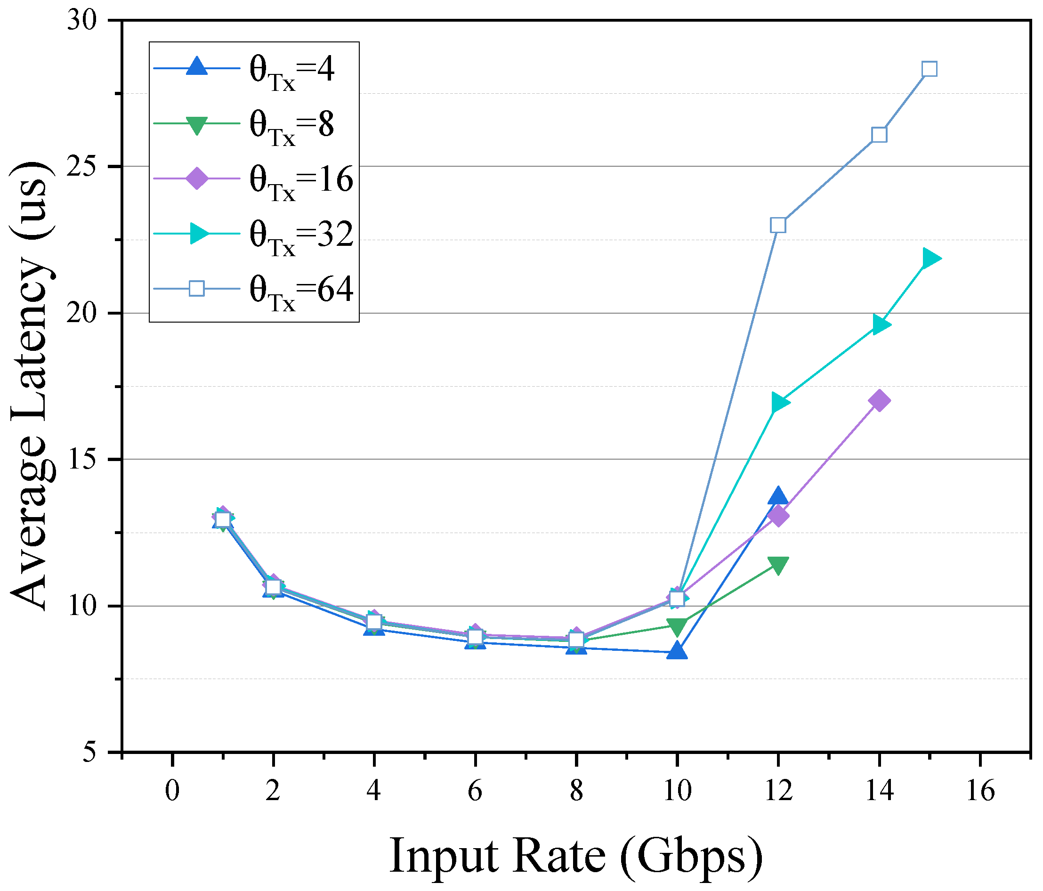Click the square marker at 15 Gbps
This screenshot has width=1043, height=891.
[929, 69]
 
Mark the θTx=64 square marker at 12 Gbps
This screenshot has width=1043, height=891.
[778, 225]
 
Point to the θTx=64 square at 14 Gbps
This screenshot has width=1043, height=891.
[879, 135]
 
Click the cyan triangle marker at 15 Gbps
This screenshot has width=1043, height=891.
[931, 259]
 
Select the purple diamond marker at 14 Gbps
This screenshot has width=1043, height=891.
[879, 401]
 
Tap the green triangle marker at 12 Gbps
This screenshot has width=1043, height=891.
[778, 565]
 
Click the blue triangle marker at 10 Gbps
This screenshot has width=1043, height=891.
[677, 651]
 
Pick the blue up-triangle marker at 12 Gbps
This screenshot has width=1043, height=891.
[778, 496]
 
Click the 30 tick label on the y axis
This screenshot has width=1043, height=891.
[81, 21]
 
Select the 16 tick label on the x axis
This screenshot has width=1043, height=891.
[980, 791]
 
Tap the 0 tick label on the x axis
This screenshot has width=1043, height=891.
[172, 791]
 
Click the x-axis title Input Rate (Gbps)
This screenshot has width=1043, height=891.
[576, 856]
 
